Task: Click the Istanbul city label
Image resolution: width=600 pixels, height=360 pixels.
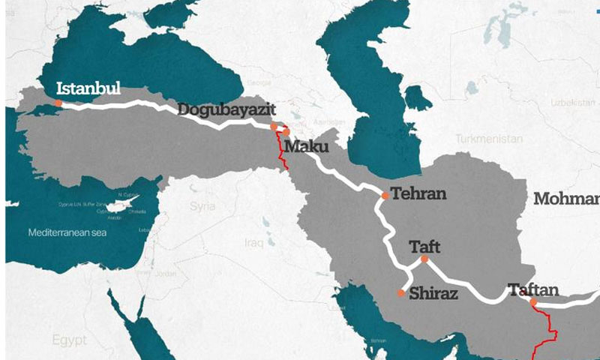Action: [88, 88]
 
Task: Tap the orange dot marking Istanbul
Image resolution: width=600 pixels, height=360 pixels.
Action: [58, 103]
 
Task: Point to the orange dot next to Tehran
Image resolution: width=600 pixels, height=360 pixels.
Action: [385, 196]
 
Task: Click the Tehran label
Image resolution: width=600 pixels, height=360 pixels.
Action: [419, 194]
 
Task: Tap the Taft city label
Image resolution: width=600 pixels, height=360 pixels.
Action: [425, 245]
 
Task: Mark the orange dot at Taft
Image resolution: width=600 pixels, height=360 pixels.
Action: [424, 259]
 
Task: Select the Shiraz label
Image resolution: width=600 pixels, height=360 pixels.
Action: [433, 294]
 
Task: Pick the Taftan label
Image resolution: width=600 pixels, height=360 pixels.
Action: [532, 289]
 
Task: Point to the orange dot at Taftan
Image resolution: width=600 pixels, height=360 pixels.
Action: [533, 302]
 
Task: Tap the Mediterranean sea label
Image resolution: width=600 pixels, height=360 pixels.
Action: [67, 232]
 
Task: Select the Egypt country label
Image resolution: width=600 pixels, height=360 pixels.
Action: [69, 340]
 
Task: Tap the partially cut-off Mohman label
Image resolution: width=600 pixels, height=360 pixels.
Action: [567, 199]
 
